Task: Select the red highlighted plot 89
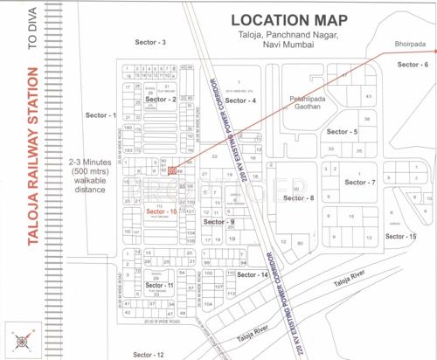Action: (172, 170)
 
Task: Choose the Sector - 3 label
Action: (151, 42)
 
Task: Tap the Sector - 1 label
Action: (101, 115)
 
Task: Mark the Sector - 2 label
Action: (162, 100)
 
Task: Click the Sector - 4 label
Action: (240, 101)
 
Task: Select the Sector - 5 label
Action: (342, 131)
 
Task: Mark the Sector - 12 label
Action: (149, 355)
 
